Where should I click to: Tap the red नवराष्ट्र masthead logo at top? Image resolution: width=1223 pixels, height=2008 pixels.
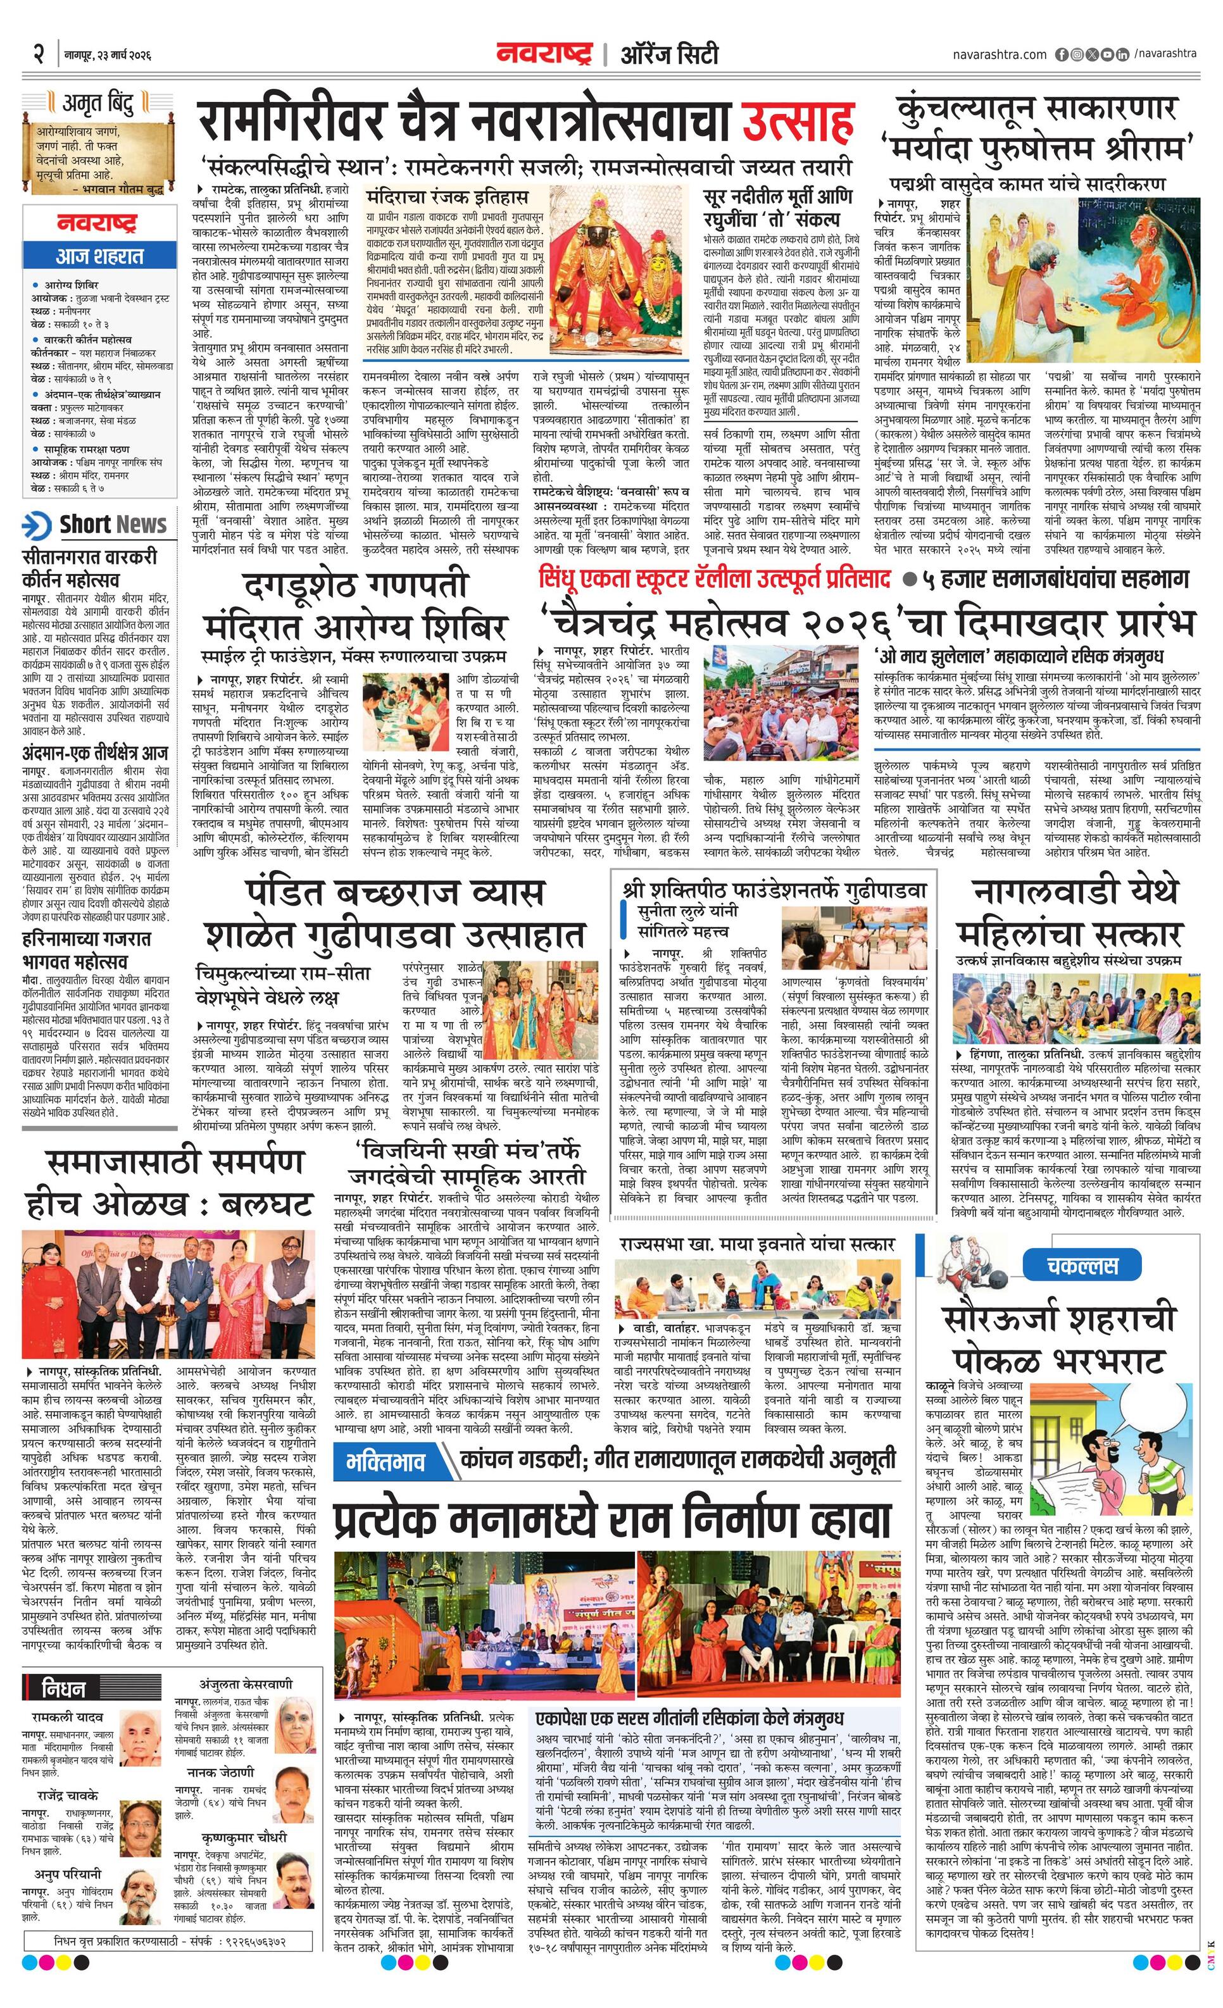(x=543, y=54)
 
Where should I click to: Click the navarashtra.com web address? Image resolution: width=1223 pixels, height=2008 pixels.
(x=999, y=54)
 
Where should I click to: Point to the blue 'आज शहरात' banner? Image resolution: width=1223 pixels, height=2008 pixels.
(x=99, y=256)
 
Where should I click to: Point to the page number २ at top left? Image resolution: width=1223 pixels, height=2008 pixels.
(x=39, y=56)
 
